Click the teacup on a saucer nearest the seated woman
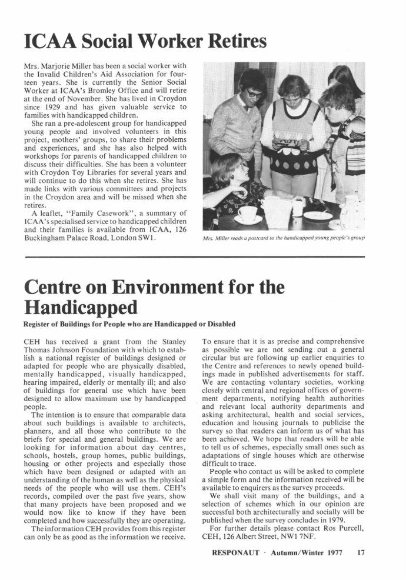[248, 215]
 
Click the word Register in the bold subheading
[39, 324]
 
